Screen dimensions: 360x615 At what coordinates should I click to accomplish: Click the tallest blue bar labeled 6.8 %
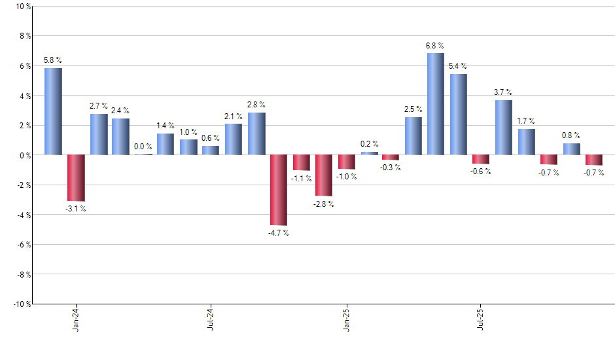tap(436, 104)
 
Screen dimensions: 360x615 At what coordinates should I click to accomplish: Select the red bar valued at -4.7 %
tap(278, 190)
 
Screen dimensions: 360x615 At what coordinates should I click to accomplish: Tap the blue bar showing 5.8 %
tap(53, 111)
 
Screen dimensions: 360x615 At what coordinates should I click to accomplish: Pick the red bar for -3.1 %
tap(76, 178)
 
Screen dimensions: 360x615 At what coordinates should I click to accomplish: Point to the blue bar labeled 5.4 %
tap(458, 115)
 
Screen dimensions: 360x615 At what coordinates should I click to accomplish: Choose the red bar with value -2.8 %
tap(323, 175)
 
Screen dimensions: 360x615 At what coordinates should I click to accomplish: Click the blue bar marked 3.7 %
tap(503, 128)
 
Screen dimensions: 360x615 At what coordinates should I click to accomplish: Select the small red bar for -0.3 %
tap(391, 157)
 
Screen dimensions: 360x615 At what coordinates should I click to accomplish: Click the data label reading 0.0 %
tap(143, 147)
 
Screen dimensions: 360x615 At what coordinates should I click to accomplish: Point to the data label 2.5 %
tap(413, 109)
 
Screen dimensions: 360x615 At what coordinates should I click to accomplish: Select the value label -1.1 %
tap(301, 179)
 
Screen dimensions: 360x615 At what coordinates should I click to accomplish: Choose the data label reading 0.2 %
tap(369, 144)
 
